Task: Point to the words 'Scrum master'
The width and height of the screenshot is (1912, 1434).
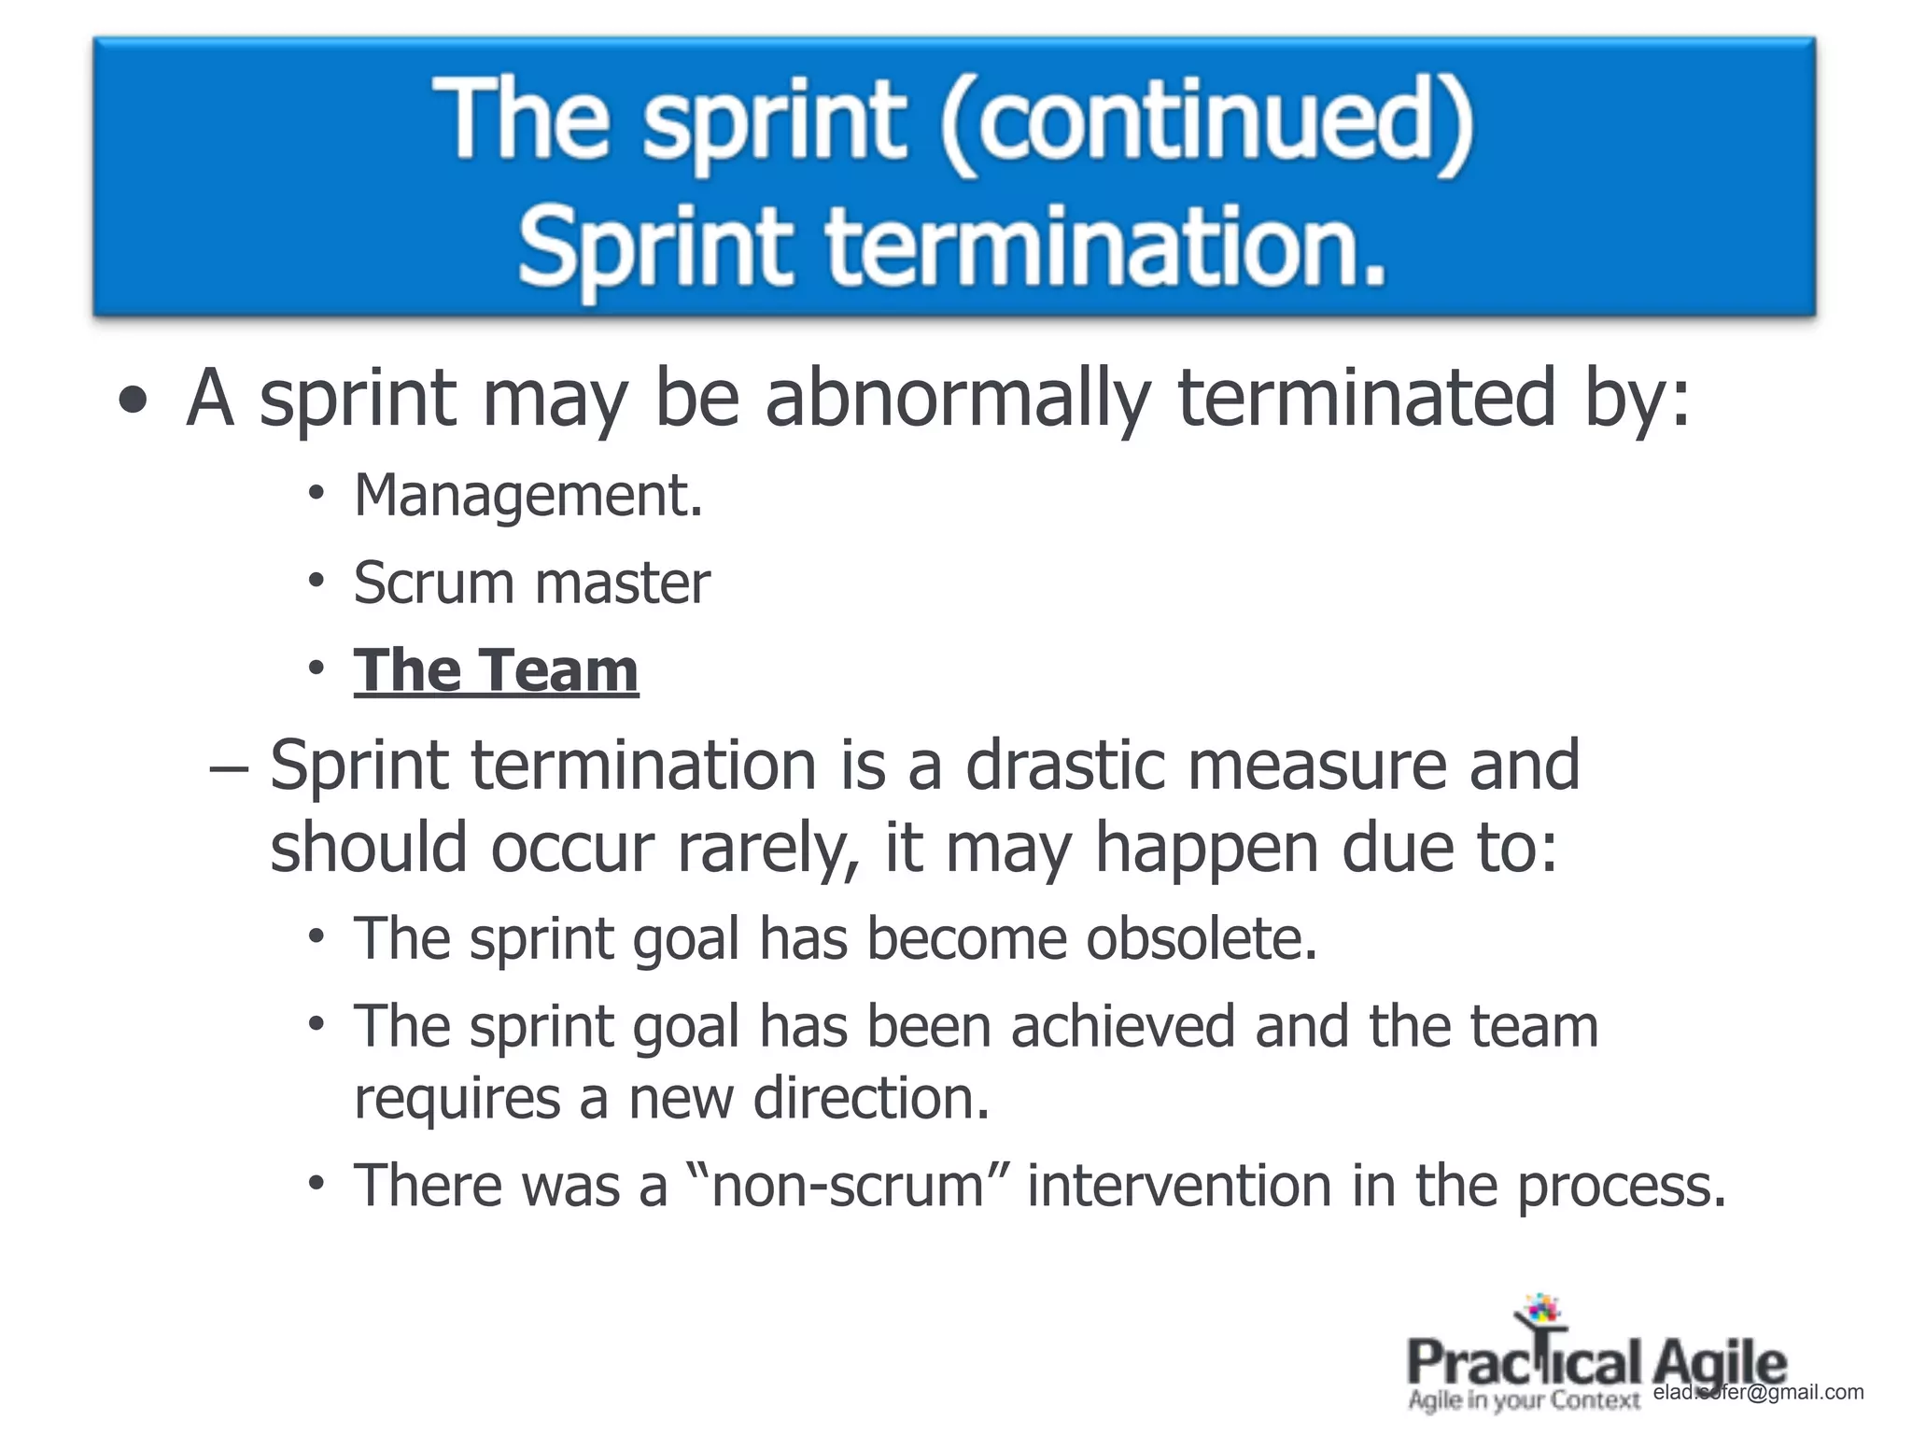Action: (x=531, y=583)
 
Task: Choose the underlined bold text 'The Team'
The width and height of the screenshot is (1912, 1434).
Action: (x=496, y=670)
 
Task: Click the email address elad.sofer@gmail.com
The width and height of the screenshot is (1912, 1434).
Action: (x=1758, y=1392)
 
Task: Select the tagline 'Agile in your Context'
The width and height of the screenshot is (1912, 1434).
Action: (x=1524, y=1400)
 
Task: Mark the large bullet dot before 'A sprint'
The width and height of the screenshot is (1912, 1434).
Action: (x=134, y=401)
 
